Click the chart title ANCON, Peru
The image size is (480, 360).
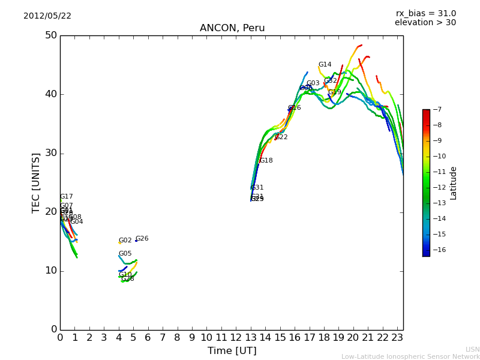[232, 28]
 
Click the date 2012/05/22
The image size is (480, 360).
[47, 16]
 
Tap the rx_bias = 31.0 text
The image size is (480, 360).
[425, 14]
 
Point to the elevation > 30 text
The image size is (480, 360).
[425, 23]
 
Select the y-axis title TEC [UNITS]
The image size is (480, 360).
[36, 182]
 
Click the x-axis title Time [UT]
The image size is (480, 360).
[232, 350]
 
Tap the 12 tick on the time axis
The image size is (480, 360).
[236, 338]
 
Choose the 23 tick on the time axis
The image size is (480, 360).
[397, 338]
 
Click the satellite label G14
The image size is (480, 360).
[325, 65]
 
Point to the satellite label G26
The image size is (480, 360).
[142, 239]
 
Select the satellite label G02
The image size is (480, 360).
[125, 241]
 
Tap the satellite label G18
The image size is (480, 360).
[266, 161]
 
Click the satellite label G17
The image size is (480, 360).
[66, 197]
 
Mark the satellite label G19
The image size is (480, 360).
[334, 92]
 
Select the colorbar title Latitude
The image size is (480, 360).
[454, 183]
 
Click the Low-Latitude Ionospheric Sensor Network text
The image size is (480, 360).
[410, 356]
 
